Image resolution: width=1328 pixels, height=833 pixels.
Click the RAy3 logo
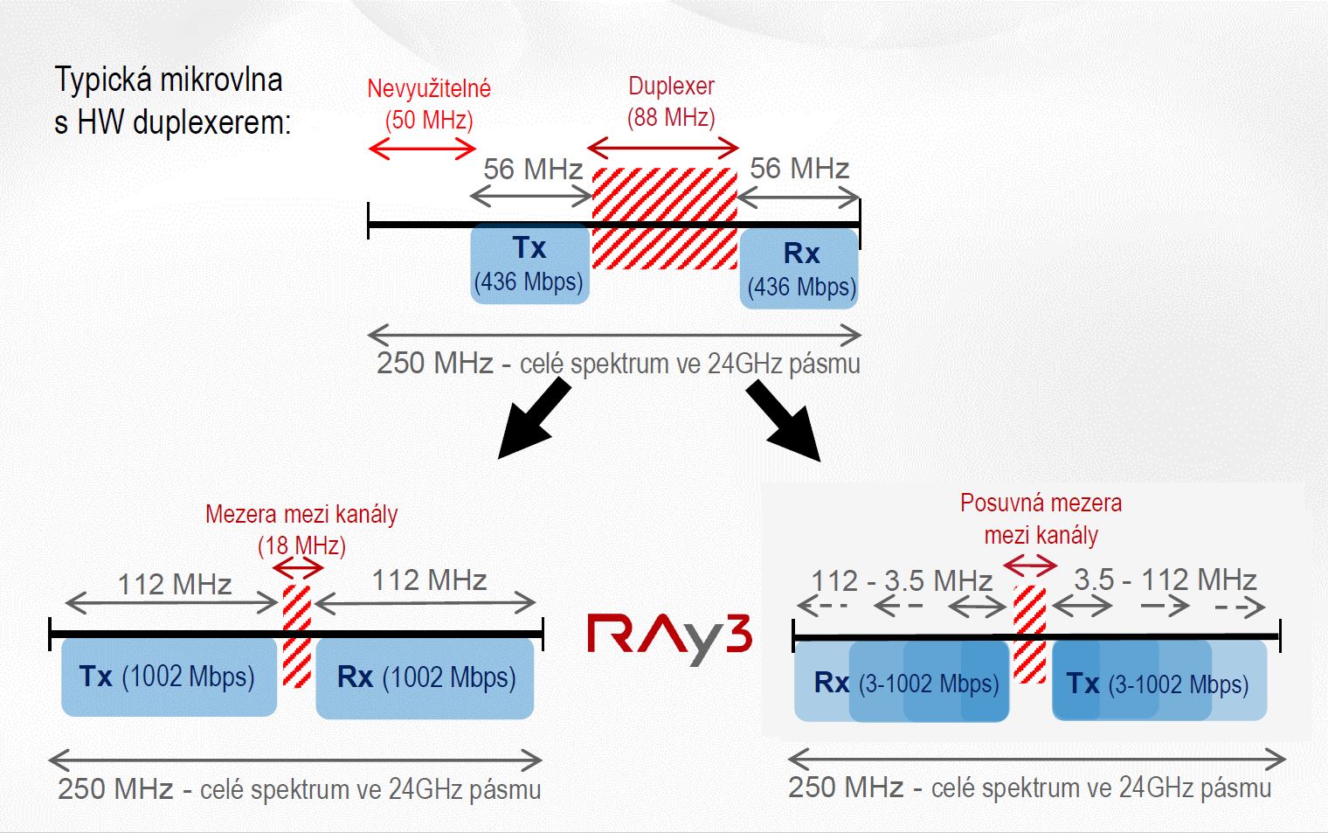pyautogui.click(x=670, y=639)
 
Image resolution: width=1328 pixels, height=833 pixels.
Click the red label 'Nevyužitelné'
pyautogui.click(x=429, y=88)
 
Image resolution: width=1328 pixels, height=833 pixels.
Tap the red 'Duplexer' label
pyautogui.click(x=671, y=86)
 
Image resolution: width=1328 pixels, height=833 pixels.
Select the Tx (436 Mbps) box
pyautogui.click(x=530, y=264)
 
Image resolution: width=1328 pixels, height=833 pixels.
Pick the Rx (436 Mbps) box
pyautogui.click(x=799, y=268)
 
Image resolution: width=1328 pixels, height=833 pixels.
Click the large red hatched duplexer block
pyautogui.click(x=665, y=219)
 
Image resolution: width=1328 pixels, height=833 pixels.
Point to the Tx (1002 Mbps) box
pyautogui.click(x=169, y=677)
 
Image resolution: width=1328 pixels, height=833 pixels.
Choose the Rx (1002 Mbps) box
pyautogui.click(x=425, y=678)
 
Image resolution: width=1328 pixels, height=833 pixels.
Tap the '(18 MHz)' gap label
pyautogui.click(x=301, y=545)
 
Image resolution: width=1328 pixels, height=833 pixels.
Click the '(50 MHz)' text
pyautogui.click(x=429, y=120)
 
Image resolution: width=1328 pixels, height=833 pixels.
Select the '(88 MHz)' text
pyautogui.click(x=671, y=117)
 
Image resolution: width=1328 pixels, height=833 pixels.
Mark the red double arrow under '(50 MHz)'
pyautogui.click(x=422, y=149)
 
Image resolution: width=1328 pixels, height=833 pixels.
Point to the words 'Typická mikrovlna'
pyautogui.click(x=169, y=80)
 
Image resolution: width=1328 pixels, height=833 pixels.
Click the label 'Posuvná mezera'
pyautogui.click(x=1041, y=503)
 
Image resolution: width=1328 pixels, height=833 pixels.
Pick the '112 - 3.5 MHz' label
pyautogui.click(x=901, y=581)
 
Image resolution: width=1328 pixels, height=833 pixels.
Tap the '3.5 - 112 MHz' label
pyautogui.click(x=1165, y=580)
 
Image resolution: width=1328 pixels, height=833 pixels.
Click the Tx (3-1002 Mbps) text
pyautogui.click(x=1158, y=684)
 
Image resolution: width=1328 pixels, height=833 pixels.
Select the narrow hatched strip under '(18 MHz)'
pyautogui.click(x=297, y=636)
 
